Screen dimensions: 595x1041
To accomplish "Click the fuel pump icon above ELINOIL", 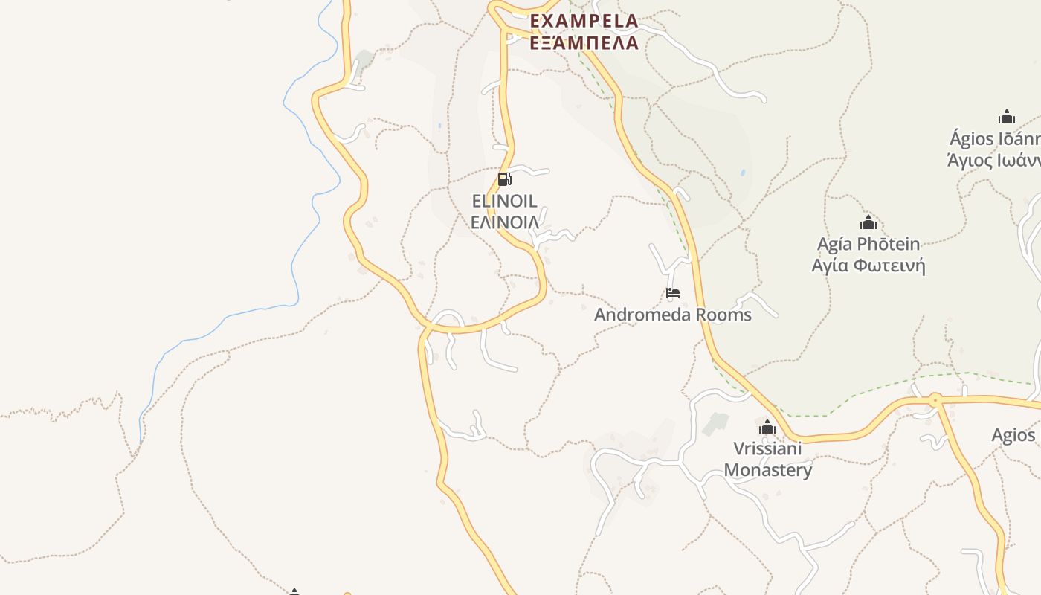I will coord(504,178).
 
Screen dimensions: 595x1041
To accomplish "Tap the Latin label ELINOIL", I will coord(505,201).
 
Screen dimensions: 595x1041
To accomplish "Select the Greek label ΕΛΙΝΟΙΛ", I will coord(505,222).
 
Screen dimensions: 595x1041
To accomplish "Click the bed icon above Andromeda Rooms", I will coord(673,293).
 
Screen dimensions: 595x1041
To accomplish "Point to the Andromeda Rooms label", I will coord(672,315).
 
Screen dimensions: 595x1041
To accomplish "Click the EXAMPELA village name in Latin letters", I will coord(584,21).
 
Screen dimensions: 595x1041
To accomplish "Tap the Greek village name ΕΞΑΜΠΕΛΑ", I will coord(584,42).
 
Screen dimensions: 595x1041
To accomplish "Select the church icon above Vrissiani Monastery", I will coord(767,428).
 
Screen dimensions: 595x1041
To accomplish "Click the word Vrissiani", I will coord(767,448).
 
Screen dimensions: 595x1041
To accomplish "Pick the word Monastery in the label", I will coord(767,470).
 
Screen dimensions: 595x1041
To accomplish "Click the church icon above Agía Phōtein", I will coord(868,222).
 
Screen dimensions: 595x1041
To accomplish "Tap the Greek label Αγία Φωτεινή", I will coord(868,266).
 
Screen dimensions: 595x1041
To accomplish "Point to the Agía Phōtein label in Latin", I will coord(868,244).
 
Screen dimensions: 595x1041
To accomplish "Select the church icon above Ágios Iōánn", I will coord(1007,117).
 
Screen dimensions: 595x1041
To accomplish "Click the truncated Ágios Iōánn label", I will coord(995,138).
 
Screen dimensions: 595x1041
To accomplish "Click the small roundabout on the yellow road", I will coord(935,400).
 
